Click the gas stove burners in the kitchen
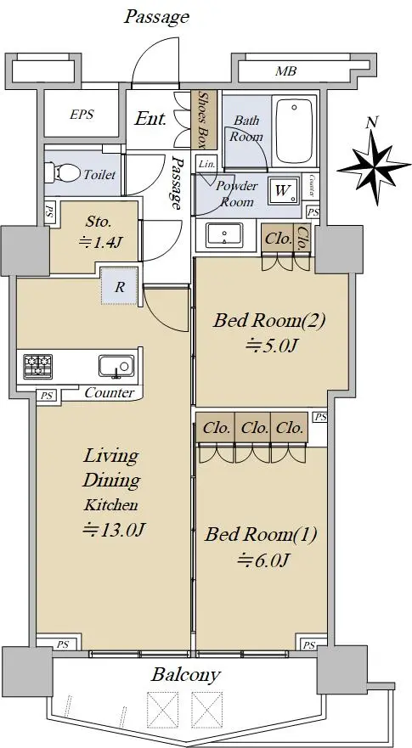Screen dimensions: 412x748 (37, 367)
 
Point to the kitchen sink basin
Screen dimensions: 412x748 (116, 367)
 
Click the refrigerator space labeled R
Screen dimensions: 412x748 (120, 287)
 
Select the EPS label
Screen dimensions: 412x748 (82, 115)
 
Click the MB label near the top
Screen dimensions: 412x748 (286, 71)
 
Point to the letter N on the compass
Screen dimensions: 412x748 (371, 122)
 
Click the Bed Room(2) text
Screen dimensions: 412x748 (269, 320)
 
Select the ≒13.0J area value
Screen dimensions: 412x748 (113, 530)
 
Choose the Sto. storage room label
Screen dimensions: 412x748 (99, 222)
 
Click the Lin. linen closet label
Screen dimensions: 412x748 (206, 165)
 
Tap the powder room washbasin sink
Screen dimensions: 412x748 (224, 235)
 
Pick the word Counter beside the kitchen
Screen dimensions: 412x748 (110, 393)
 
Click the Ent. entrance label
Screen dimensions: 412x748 (150, 118)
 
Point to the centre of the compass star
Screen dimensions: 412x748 (375, 168)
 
